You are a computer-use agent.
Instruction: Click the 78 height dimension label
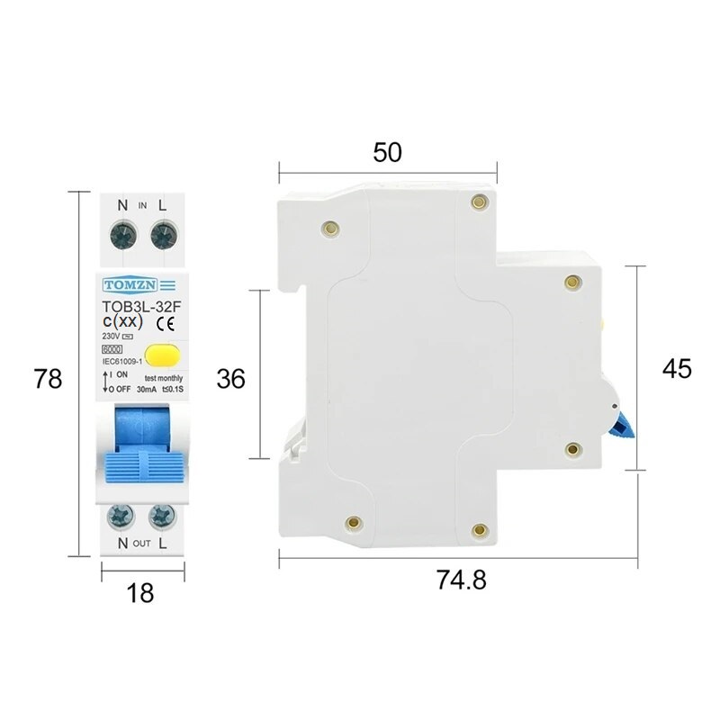[x=48, y=379]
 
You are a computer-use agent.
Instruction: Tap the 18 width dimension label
[x=141, y=592]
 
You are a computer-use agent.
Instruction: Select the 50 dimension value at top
[x=387, y=152]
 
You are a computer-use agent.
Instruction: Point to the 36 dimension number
[x=231, y=379]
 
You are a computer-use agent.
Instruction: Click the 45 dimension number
[x=677, y=368]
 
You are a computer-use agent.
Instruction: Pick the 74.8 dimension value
[x=462, y=580]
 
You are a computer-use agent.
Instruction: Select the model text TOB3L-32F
[x=140, y=307]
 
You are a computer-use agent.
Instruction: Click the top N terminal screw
[x=121, y=236]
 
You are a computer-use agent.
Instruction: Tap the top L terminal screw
[x=162, y=236]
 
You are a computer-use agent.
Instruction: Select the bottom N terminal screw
[x=120, y=516]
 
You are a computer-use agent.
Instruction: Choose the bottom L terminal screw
[x=162, y=516]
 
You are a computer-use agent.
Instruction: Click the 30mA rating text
[x=147, y=389]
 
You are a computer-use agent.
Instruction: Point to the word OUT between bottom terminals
[x=141, y=544]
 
